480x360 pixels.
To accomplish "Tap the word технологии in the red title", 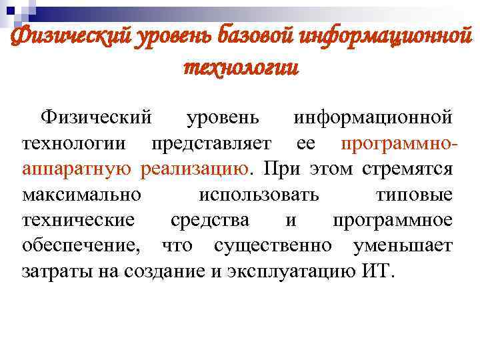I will click(x=240, y=67).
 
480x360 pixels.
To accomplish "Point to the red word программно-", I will click(x=397, y=143).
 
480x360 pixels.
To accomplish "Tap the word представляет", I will click(x=211, y=143).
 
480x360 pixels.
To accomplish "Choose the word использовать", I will click(x=259, y=194).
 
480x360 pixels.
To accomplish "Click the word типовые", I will click(x=413, y=194).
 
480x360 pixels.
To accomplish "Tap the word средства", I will click(x=210, y=219).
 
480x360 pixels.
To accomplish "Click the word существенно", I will click(x=272, y=245).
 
